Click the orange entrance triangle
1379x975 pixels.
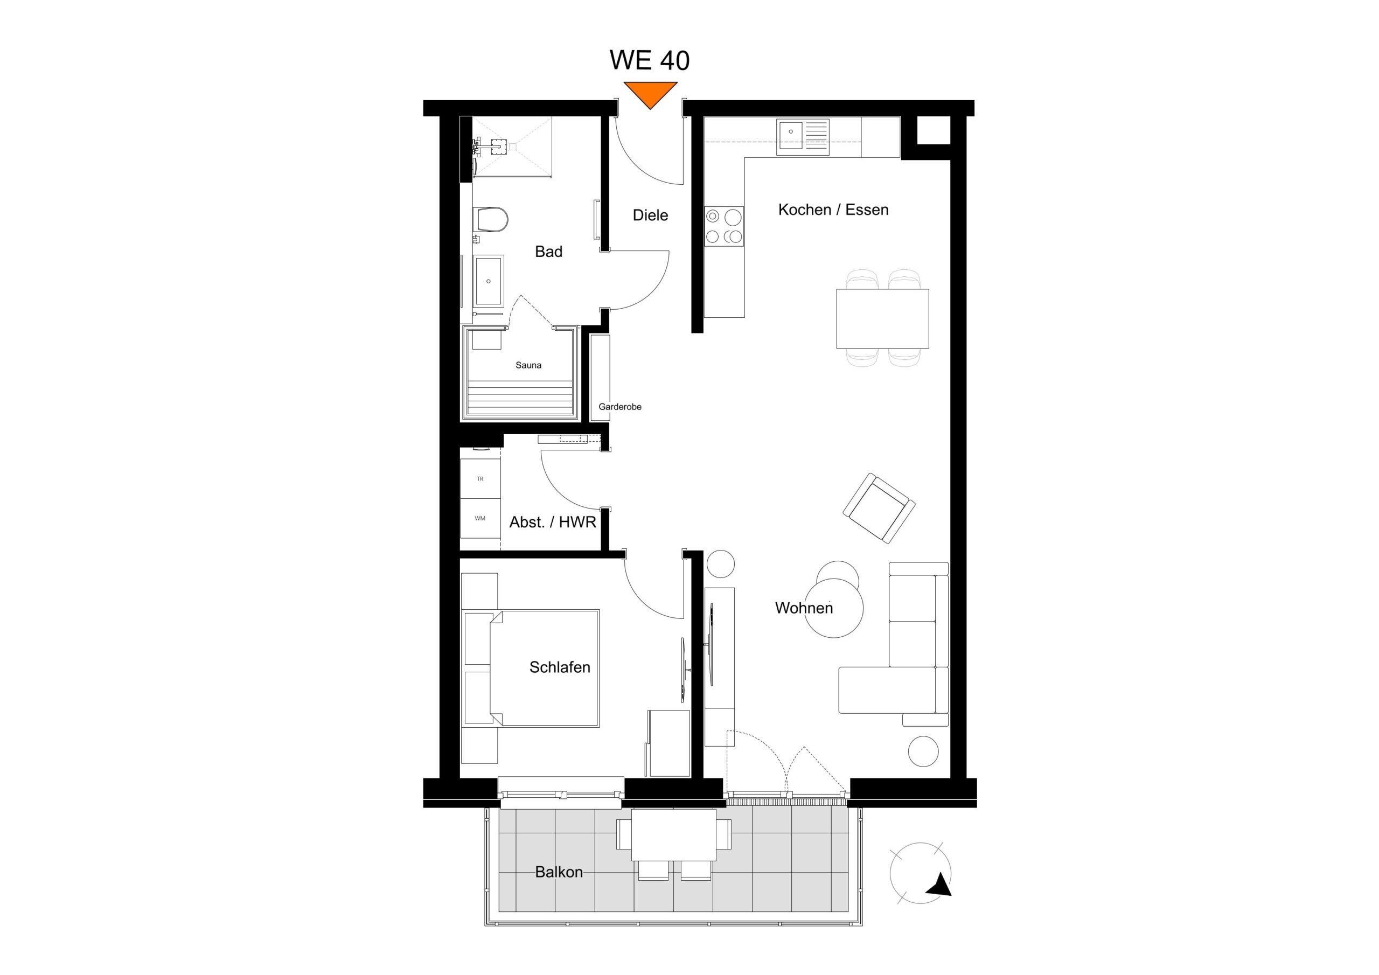(650, 94)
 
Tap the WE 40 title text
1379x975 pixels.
(649, 60)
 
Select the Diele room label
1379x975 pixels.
(650, 215)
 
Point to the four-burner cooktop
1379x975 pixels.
(724, 226)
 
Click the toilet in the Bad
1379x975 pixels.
(491, 220)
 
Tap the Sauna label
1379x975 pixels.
(528, 365)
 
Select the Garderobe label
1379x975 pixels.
(620, 407)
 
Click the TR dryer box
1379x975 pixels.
(480, 479)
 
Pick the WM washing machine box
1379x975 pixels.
(480, 518)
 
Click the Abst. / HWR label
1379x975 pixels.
(553, 522)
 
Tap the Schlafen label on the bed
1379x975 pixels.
(559, 667)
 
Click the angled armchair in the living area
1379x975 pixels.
(879, 508)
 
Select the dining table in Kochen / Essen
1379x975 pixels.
(882, 318)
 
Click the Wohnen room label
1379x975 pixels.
(804, 608)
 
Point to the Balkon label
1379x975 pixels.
(559, 872)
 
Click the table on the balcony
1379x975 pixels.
(673, 834)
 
